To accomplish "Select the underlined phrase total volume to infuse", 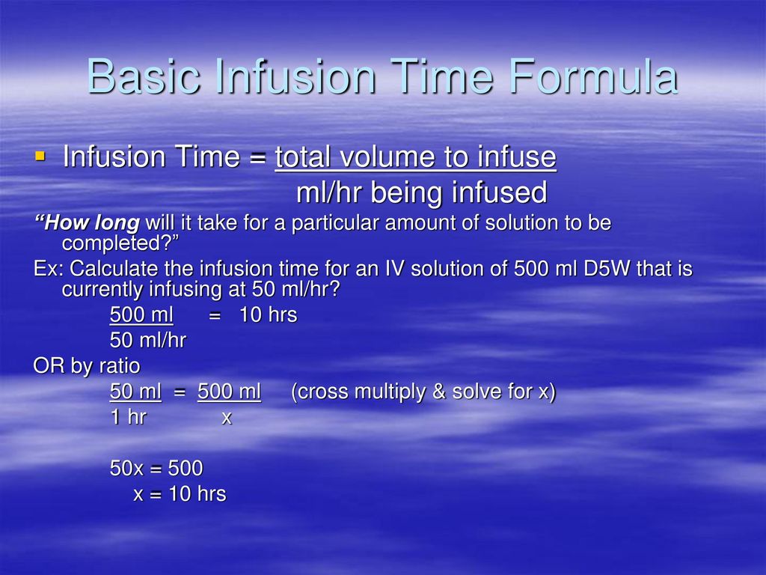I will tap(415, 157).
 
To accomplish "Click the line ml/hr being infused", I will tap(421, 193).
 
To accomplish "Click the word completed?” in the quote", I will tap(122, 243).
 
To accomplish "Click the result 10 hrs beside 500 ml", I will tap(268, 315).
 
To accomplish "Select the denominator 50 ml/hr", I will tap(147, 341).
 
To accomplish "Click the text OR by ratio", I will tap(87, 366).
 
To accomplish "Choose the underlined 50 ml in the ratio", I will tap(135, 392).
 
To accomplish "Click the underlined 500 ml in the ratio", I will tap(229, 392).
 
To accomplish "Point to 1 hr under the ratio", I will tap(128, 418).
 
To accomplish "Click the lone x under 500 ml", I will tap(227, 418).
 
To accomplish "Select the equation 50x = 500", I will tap(156, 469).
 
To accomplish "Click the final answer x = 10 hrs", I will tap(180, 494).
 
